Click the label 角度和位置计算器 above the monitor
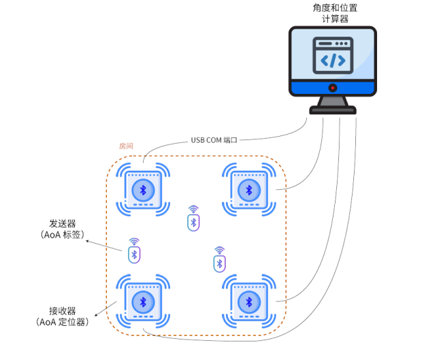click(x=335, y=13)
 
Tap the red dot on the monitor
click(x=333, y=88)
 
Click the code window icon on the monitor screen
click(x=333, y=55)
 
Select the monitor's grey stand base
click(x=333, y=110)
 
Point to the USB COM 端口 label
click(x=214, y=140)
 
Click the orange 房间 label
click(x=126, y=146)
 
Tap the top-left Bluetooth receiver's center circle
click(x=143, y=191)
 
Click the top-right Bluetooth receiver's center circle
click(x=249, y=191)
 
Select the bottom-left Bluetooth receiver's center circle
click(x=143, y=302)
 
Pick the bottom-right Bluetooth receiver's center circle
click(x=249, y=302)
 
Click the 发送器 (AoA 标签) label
click(x=63, y=229)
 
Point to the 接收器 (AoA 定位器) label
click(x=62, y=316)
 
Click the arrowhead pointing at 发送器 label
click(x=87, y=241)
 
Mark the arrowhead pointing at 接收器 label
click(x=96, y=315)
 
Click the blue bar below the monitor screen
click(x=333, y=88)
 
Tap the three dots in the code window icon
click(x=342, y=44)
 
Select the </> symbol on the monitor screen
click(x=333, y=61)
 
